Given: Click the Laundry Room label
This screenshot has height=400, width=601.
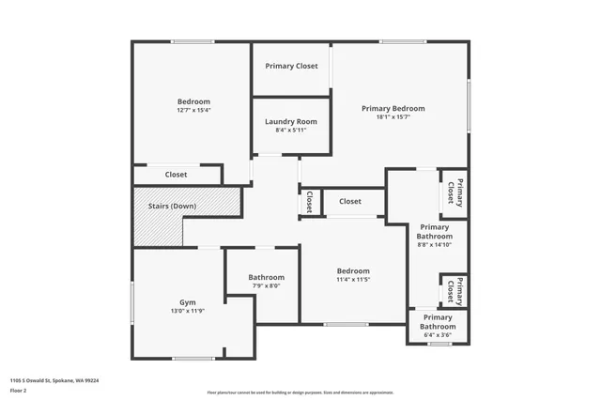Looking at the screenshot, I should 291,122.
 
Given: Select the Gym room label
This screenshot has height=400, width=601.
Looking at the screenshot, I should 188,301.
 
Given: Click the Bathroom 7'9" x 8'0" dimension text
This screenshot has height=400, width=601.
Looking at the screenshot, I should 267,287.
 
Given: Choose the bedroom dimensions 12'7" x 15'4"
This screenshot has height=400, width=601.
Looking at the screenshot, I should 194,110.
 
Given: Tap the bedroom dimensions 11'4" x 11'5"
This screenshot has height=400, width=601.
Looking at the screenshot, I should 353,280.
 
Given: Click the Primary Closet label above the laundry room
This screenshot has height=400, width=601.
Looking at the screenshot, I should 291,66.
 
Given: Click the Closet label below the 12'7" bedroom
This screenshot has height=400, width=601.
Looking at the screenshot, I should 176,175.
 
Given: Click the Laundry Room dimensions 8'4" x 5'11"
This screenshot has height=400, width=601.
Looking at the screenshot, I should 291,131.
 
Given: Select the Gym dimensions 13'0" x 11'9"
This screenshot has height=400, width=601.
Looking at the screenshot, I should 188,311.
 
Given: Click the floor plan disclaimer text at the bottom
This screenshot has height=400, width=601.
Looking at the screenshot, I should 300,392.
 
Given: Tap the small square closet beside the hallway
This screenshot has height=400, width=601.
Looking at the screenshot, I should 310,202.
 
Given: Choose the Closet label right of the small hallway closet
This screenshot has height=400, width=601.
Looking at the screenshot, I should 350,201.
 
